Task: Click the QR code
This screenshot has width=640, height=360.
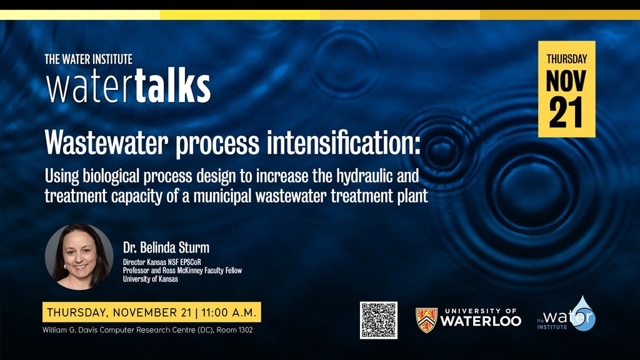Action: [x=378, y=320]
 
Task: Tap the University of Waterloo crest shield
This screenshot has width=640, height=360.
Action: [x=426, y=320]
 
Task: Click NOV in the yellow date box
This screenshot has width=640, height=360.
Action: [x=566, y=81]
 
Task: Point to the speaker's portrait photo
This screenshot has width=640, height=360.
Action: [x=79, y=257]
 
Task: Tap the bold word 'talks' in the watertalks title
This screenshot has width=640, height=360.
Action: [x=172, y=87]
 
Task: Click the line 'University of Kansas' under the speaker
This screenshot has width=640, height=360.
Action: [x=151, y=279]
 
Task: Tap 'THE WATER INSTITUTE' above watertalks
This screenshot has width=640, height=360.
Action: [x=89, y=59]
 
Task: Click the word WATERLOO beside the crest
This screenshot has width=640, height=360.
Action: [x=480, y=321]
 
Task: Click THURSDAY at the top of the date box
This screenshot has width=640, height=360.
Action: [x=566, y=59]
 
